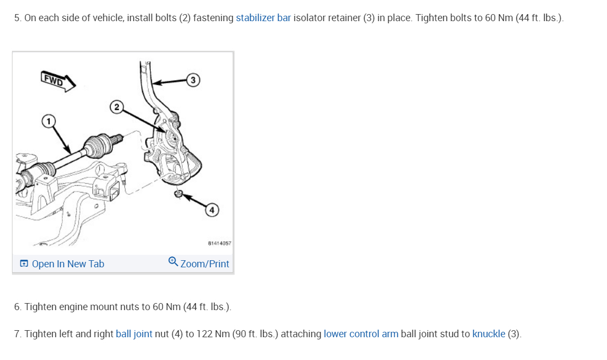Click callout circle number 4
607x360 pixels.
point(212,210)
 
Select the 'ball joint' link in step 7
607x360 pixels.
point(134,334)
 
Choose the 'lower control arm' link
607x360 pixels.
point(361,334)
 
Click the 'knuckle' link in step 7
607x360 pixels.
point(488,334)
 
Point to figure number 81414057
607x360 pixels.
point(220,243)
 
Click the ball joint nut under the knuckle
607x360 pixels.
point(178,194)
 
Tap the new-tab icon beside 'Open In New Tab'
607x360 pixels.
point(24,264)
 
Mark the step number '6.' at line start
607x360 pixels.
point(18,307)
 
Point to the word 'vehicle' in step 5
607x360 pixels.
point(107,18)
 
